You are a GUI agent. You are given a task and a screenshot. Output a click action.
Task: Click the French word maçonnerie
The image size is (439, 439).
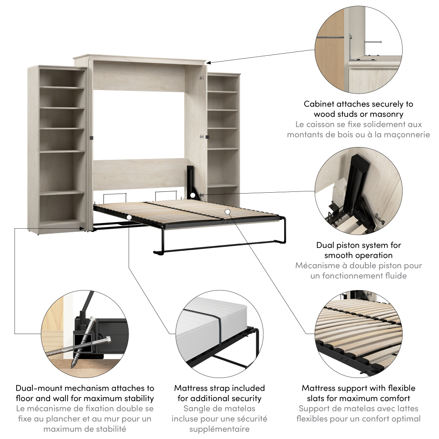[x=407, y=134]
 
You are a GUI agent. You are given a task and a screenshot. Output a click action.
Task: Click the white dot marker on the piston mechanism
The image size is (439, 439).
[x=193, y=194]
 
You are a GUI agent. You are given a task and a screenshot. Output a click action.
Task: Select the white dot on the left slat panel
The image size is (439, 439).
[x=129, y=217]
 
